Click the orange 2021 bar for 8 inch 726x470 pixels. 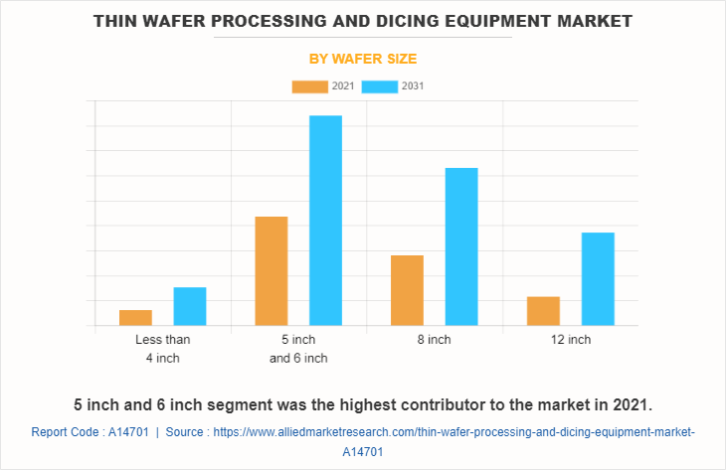[408, 290]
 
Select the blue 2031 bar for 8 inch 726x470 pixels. [461, 246]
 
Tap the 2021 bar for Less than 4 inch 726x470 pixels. [135, 317]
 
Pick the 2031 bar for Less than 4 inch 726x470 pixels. [190, 306]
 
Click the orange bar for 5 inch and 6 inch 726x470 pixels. [272, 270]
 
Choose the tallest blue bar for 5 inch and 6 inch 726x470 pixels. [325, 221]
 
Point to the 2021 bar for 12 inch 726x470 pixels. [543, 311]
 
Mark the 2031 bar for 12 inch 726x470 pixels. [598, 278]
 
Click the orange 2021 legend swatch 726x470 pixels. [309, 86]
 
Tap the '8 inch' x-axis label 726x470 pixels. [435, 340]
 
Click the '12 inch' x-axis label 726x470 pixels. [571, 340]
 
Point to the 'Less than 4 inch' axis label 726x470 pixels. [163, 349]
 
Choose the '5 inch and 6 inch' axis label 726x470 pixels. [298, 349]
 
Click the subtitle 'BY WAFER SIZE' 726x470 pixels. [363, 59]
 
